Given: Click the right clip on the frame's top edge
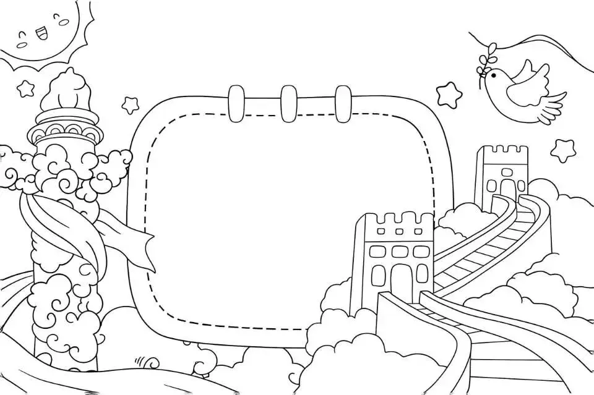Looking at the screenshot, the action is point(343,103).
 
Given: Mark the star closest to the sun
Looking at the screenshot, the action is point(25,88).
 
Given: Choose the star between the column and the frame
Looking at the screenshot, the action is point(130,104).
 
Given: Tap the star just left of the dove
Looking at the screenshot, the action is point(449,95).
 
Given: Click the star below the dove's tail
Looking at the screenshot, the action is point(563,150).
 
